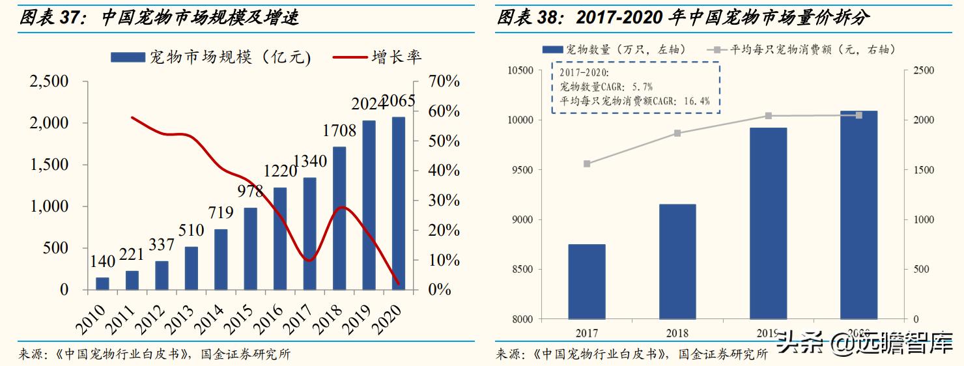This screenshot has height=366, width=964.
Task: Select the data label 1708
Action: point(339,131)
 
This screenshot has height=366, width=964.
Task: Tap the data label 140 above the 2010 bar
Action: point(102,262)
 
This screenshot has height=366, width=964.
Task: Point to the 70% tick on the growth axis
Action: point(444,82)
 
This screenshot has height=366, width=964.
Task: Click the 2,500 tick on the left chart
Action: point(50,82)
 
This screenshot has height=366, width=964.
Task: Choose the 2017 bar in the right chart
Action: point(587,281)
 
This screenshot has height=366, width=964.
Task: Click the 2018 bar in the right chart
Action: point(677,261)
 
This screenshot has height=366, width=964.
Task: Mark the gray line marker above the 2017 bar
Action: point(587,163)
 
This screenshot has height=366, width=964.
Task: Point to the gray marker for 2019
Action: point(768,116)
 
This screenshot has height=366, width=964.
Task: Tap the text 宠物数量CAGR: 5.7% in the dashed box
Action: point(606,87)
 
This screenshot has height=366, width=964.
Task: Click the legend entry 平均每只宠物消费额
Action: point(812,49)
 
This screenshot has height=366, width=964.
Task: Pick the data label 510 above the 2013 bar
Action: point(191,230)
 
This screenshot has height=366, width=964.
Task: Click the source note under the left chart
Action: point(155,354)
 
